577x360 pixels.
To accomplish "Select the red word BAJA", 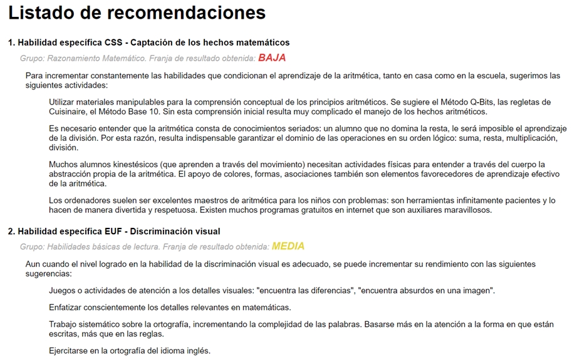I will [x=272, y=58].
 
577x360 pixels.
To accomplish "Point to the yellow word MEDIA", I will [x=288, y=246].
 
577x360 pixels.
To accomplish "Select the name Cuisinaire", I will [x=71, y=111].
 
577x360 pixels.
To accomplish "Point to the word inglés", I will [x=197, y=350].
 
